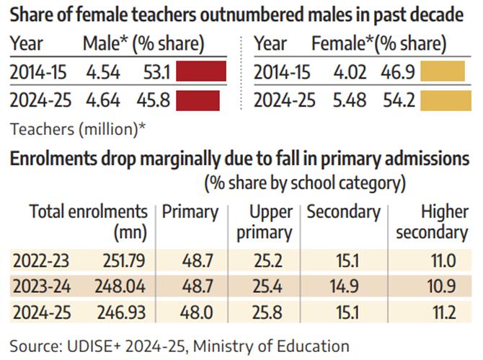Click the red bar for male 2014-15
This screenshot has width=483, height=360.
[x=201, y=72]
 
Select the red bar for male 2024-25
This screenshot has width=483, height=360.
[x=201, y=100]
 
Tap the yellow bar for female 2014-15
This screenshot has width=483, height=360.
[x=441, y=72]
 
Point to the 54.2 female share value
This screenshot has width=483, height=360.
[x=399, y=100]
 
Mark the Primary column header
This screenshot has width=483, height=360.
[x=190, y=212]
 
